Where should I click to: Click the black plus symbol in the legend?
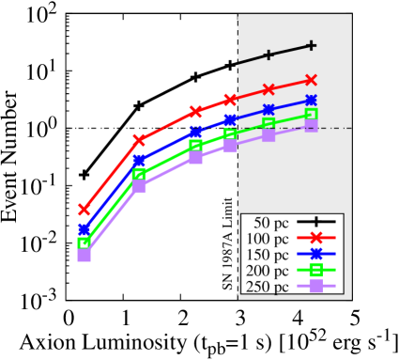[x=316, y=222]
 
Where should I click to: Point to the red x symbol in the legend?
[x=316, y=238]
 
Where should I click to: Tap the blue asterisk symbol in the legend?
[x=316, y=254]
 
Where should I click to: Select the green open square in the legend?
[x=316, y=270]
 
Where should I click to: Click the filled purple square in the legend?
[x=316, y=286]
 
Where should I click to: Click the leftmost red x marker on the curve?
[x=84, y=209]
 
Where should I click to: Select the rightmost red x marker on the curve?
[x=311, y=80]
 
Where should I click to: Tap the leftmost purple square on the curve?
[x=84, y=255]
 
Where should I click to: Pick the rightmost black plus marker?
[x=311, y=45]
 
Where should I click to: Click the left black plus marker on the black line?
[x=269, y=55]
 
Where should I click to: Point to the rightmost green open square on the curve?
[x=311, y=115]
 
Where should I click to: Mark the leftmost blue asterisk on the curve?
[x=84, y=229]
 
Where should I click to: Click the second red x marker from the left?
[x=139, y=139]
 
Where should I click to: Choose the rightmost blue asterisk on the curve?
[x=311, y=99]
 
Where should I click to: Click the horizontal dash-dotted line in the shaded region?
[x=333, y=128]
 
